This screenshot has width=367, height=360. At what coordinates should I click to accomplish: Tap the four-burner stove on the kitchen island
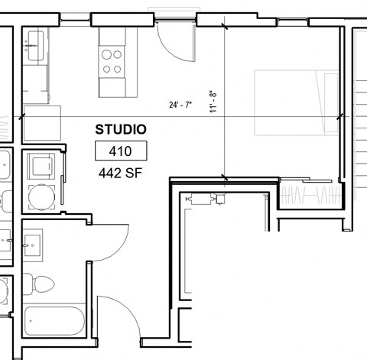coord(112,60)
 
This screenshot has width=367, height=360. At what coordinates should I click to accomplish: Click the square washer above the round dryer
coord(39,164)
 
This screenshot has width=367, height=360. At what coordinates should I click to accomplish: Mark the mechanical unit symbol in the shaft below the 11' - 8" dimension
coord(205,199)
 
